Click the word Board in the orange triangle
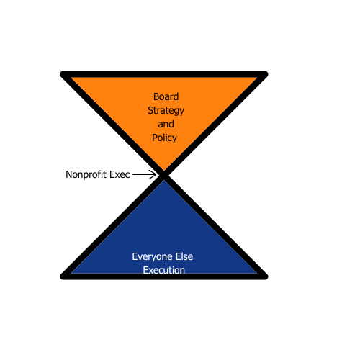pos(166,96)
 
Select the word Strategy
pos(166,111)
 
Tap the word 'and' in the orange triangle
pos(166,124)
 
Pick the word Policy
pos(164,138)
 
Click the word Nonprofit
pos(86,175)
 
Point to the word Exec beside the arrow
pos(120,174)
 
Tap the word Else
pos(184,256)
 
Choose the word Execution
pos(164,270)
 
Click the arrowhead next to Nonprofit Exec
pos(153,174)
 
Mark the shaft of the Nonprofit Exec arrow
pos(144,174)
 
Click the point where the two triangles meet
pos(164,176)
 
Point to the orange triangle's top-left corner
pos(63,74)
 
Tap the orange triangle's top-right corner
pos(265,74)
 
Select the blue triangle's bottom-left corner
pos(63,276)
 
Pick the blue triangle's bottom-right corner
pos(265,276)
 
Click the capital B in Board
pos(156,97)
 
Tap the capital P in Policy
pos(155,138)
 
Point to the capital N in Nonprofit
pos(69,175)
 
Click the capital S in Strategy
pos(150,110)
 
